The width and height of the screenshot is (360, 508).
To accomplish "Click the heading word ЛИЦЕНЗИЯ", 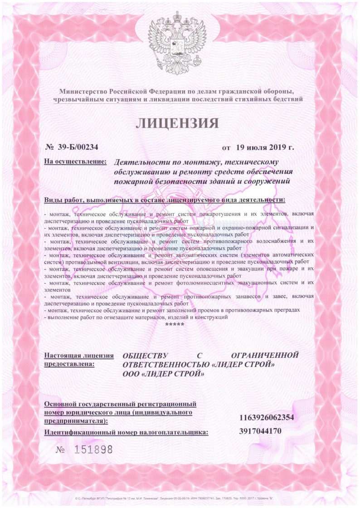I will (177, 123).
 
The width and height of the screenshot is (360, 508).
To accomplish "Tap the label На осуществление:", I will (75, 161).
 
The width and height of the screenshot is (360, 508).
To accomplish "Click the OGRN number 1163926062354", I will (267, 417).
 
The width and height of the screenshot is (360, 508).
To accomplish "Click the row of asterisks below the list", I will (175, 325).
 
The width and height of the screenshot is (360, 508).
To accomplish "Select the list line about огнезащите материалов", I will (136, 317).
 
